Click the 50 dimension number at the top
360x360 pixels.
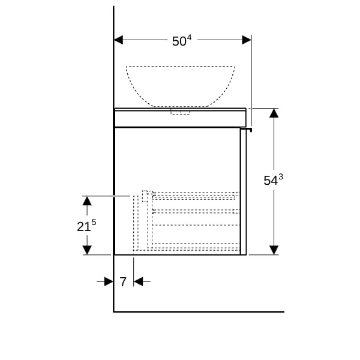(179, 41)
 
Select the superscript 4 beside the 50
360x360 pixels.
(189, 38)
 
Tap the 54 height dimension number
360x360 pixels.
(271, 181)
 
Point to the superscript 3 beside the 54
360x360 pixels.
(281, 177)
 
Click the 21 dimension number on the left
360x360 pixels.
(84, 227)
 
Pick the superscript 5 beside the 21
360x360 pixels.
(94, 223)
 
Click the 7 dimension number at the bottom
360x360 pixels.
(123, 282)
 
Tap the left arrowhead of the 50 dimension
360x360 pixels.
(118, 40)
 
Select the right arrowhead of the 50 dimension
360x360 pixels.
(247, 40)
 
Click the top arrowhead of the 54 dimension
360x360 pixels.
(274, 113)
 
